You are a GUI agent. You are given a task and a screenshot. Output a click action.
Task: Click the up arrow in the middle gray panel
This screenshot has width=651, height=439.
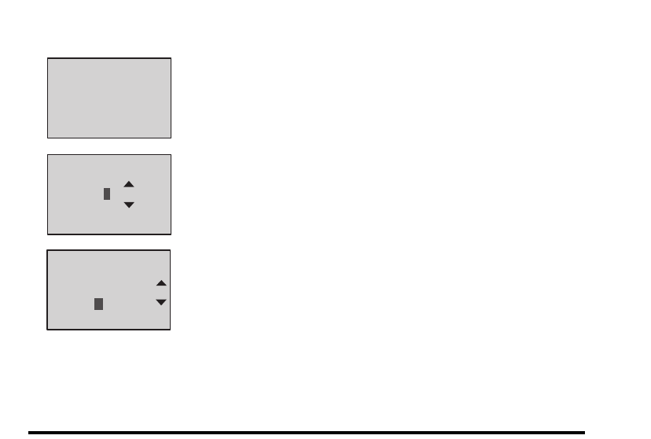129,184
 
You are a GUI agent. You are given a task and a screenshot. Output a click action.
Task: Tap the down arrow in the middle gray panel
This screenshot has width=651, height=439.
129,205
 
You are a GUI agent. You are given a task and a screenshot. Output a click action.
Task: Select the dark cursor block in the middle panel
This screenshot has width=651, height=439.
107,194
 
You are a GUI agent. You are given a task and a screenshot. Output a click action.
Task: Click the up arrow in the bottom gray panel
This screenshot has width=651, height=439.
161,282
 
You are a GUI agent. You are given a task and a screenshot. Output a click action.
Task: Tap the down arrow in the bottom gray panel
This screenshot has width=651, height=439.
161,302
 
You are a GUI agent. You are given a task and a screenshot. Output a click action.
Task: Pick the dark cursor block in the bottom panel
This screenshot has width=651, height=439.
98,304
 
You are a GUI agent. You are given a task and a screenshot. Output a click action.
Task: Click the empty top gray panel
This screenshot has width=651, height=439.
109,98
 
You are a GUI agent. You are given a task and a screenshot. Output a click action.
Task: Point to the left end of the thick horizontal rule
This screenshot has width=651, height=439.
29,432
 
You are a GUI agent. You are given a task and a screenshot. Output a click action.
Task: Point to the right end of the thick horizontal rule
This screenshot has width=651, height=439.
585,432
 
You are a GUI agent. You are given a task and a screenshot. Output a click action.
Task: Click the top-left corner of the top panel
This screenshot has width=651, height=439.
48,58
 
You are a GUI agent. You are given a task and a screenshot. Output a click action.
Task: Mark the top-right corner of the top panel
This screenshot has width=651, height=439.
171,58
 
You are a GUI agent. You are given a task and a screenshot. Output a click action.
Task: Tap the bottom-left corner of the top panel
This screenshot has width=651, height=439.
48,138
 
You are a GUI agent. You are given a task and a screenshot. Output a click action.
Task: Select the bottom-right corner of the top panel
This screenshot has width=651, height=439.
171,138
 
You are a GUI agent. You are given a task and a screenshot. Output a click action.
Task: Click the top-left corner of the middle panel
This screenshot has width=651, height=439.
48,155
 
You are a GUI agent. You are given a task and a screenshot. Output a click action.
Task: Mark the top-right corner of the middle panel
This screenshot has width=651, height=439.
171,155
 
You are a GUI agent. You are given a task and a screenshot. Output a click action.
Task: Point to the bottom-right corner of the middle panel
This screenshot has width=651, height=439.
171,234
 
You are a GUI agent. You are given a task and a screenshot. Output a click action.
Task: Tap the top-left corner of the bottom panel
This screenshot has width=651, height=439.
47,251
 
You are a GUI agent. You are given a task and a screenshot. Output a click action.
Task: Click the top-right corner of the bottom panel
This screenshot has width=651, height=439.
171,251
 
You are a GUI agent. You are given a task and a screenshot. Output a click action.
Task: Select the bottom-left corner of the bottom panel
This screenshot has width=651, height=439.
47,329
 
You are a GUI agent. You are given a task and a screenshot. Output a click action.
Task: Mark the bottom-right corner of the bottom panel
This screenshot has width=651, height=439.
171,329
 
